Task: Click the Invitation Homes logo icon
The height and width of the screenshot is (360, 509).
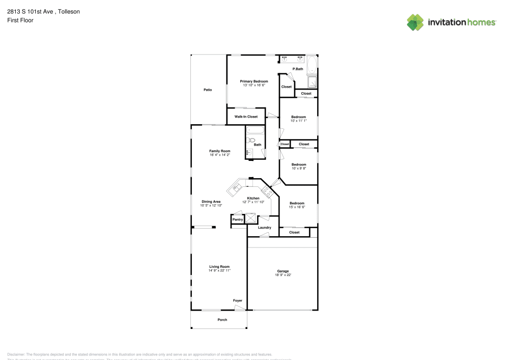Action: [415, 22]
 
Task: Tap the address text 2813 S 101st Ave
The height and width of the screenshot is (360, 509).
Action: [31, 11]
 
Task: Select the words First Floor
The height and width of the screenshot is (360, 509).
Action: [20, 20]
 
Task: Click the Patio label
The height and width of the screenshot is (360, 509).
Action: [208, 90]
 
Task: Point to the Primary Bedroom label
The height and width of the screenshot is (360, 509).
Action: [254, 81]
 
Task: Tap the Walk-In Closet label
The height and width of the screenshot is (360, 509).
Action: [246, 117]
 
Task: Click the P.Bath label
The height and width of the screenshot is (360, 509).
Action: [298, 69]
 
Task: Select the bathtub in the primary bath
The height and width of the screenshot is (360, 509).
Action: [312, 65]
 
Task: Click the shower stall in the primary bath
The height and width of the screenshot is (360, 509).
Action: [312, 81]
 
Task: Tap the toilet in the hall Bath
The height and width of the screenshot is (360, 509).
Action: [251, 140]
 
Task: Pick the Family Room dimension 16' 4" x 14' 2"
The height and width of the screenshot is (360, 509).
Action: [220, 155]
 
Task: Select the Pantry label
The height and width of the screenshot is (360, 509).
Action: [238, 219]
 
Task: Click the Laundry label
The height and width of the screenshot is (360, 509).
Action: [264, 228]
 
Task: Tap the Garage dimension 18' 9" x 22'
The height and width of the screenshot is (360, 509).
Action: [283, 275]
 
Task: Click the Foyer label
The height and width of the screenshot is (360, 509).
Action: [238, 300]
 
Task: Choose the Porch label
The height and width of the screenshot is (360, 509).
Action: [222, 320]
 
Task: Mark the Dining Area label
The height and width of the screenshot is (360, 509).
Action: [211, 202]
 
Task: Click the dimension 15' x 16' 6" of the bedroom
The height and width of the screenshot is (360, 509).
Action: [297, 207]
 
